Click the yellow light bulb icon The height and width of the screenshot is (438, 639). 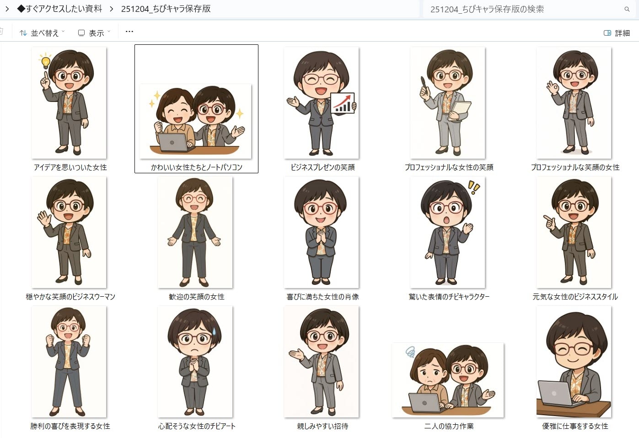(x=45, y=61)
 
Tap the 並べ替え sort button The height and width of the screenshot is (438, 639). (x=42, y=33)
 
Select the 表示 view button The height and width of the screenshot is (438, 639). (x=94, y=33)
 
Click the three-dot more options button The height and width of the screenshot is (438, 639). (x=129, y=32)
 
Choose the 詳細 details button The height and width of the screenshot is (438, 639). (x=617, y=33)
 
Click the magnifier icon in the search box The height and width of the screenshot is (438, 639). (x=627, y=9)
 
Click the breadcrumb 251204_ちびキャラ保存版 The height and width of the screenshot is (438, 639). (x=166, y=9)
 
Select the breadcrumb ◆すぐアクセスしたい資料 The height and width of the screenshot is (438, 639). (x=59, y=9)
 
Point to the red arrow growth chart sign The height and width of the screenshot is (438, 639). (x=343, y=103)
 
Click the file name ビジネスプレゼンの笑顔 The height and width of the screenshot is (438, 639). (x=322, y=167)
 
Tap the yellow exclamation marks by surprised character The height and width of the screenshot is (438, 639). (x=474, y=187)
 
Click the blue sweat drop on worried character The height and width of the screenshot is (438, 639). (x=214, y=331)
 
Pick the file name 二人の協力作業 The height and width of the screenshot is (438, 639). (x=449, y=426)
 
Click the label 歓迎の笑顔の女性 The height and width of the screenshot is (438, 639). (x=197, y=297)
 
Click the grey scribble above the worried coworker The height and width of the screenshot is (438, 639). (x=410, y=352)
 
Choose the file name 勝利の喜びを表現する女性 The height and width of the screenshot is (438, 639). (x=70, y=426)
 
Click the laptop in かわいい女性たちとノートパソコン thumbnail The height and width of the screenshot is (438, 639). (x=173, y=143)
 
